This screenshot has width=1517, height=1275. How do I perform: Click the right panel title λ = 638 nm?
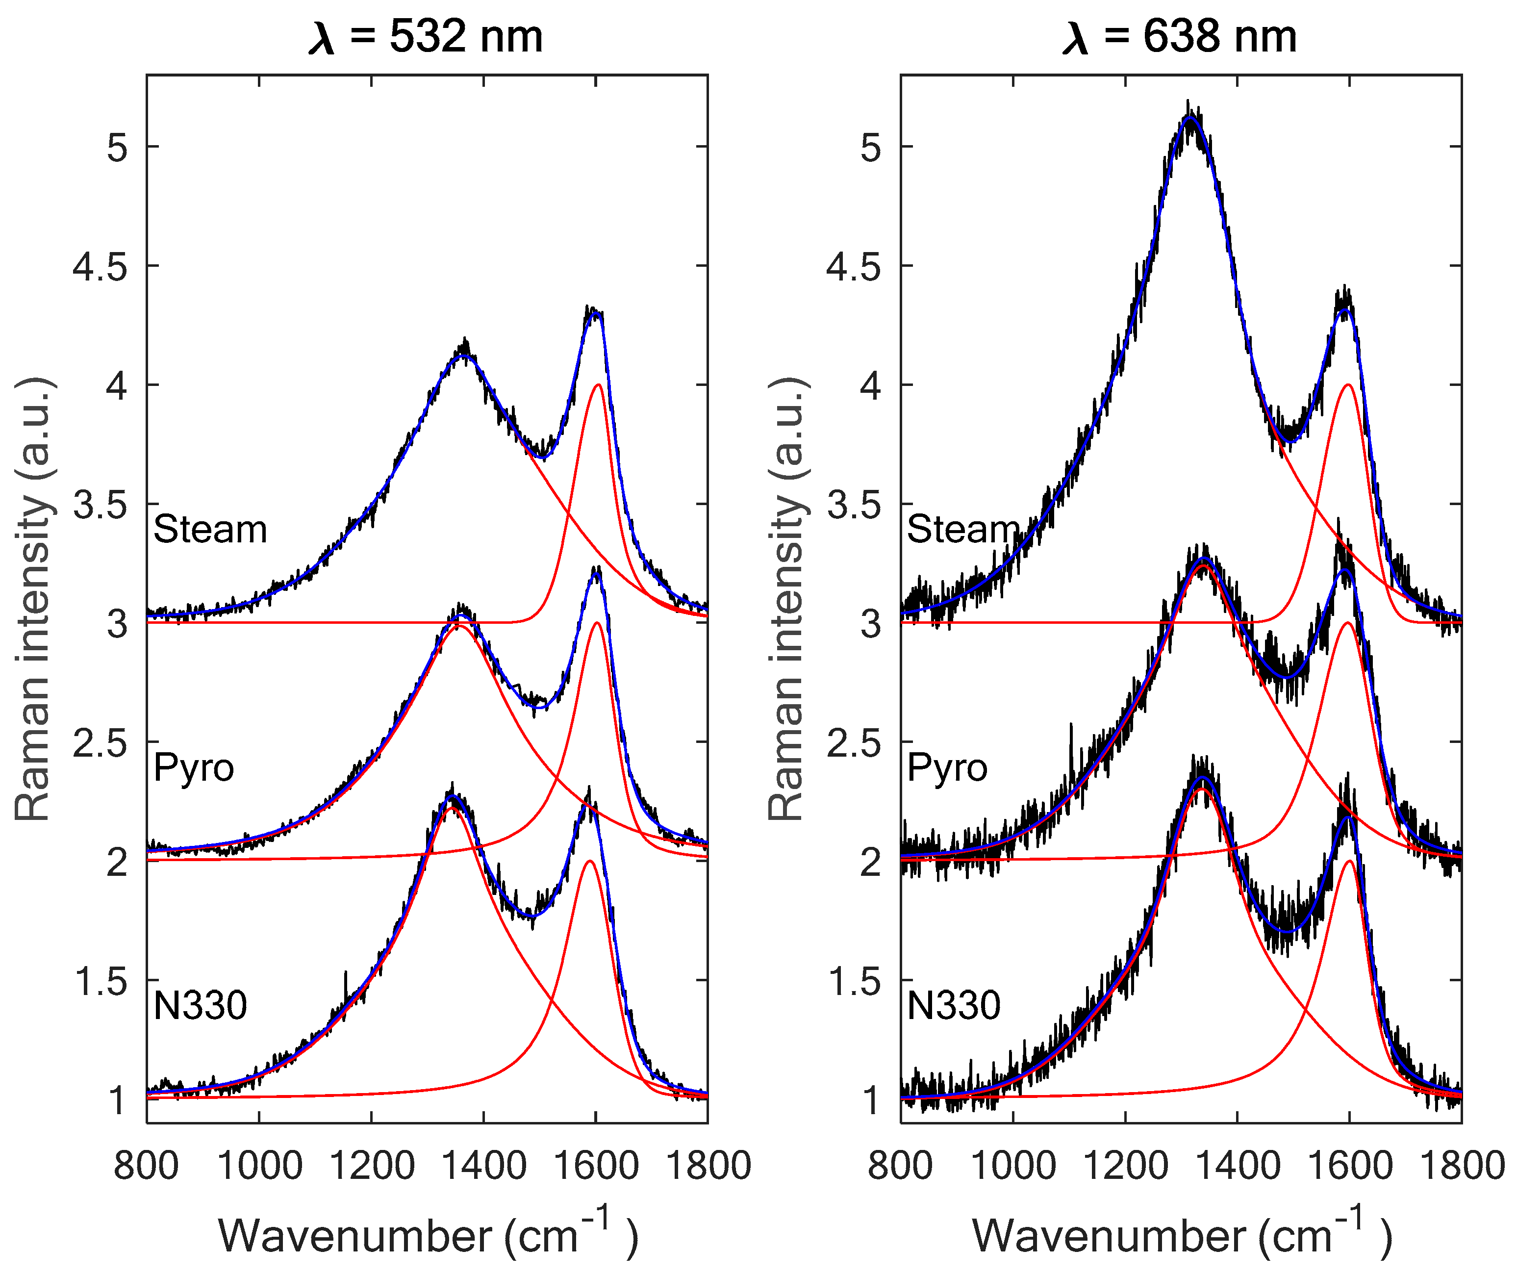pyautogui.click(x=1180, y=38)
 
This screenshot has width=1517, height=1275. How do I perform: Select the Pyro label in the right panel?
pyautogui.click(x=947, y=767)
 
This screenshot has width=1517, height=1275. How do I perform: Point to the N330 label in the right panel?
pyautogui.click(x=954, y=1005)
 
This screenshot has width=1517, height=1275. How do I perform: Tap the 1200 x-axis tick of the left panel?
pyautogui.click(x=372, y=1166)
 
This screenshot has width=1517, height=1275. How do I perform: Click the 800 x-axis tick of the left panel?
pyautogui.click(x=147, y=1166)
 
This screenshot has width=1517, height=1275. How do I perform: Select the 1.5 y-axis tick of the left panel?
pyautogui.click(x=101, y=981)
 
